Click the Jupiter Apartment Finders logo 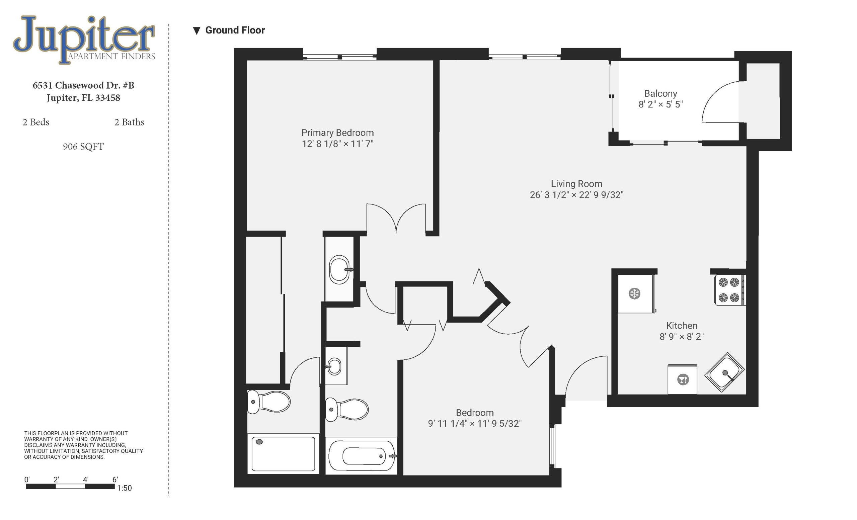click(x=84, y=40)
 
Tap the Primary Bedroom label click(x=337, y=133)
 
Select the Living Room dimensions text click(x=576, y=195)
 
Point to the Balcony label click(x=660, y=93)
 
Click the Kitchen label click(x=681, y=326)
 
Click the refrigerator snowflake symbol click(x=634, y=294)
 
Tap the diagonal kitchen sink click(x=724, y=372)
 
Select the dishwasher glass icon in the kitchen click(x=683, y=379)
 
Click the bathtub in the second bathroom click(x=362, y=456)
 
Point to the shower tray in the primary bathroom click(x=283, y=454)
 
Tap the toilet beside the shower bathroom click(x=268, y=402)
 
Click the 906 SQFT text click(x=83, y=147)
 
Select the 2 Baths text click(x=129, y=122)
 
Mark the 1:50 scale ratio click(x=125, y=488)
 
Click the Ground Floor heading click(x=235, y=30)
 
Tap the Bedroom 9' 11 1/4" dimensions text click(x=475, y=423)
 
